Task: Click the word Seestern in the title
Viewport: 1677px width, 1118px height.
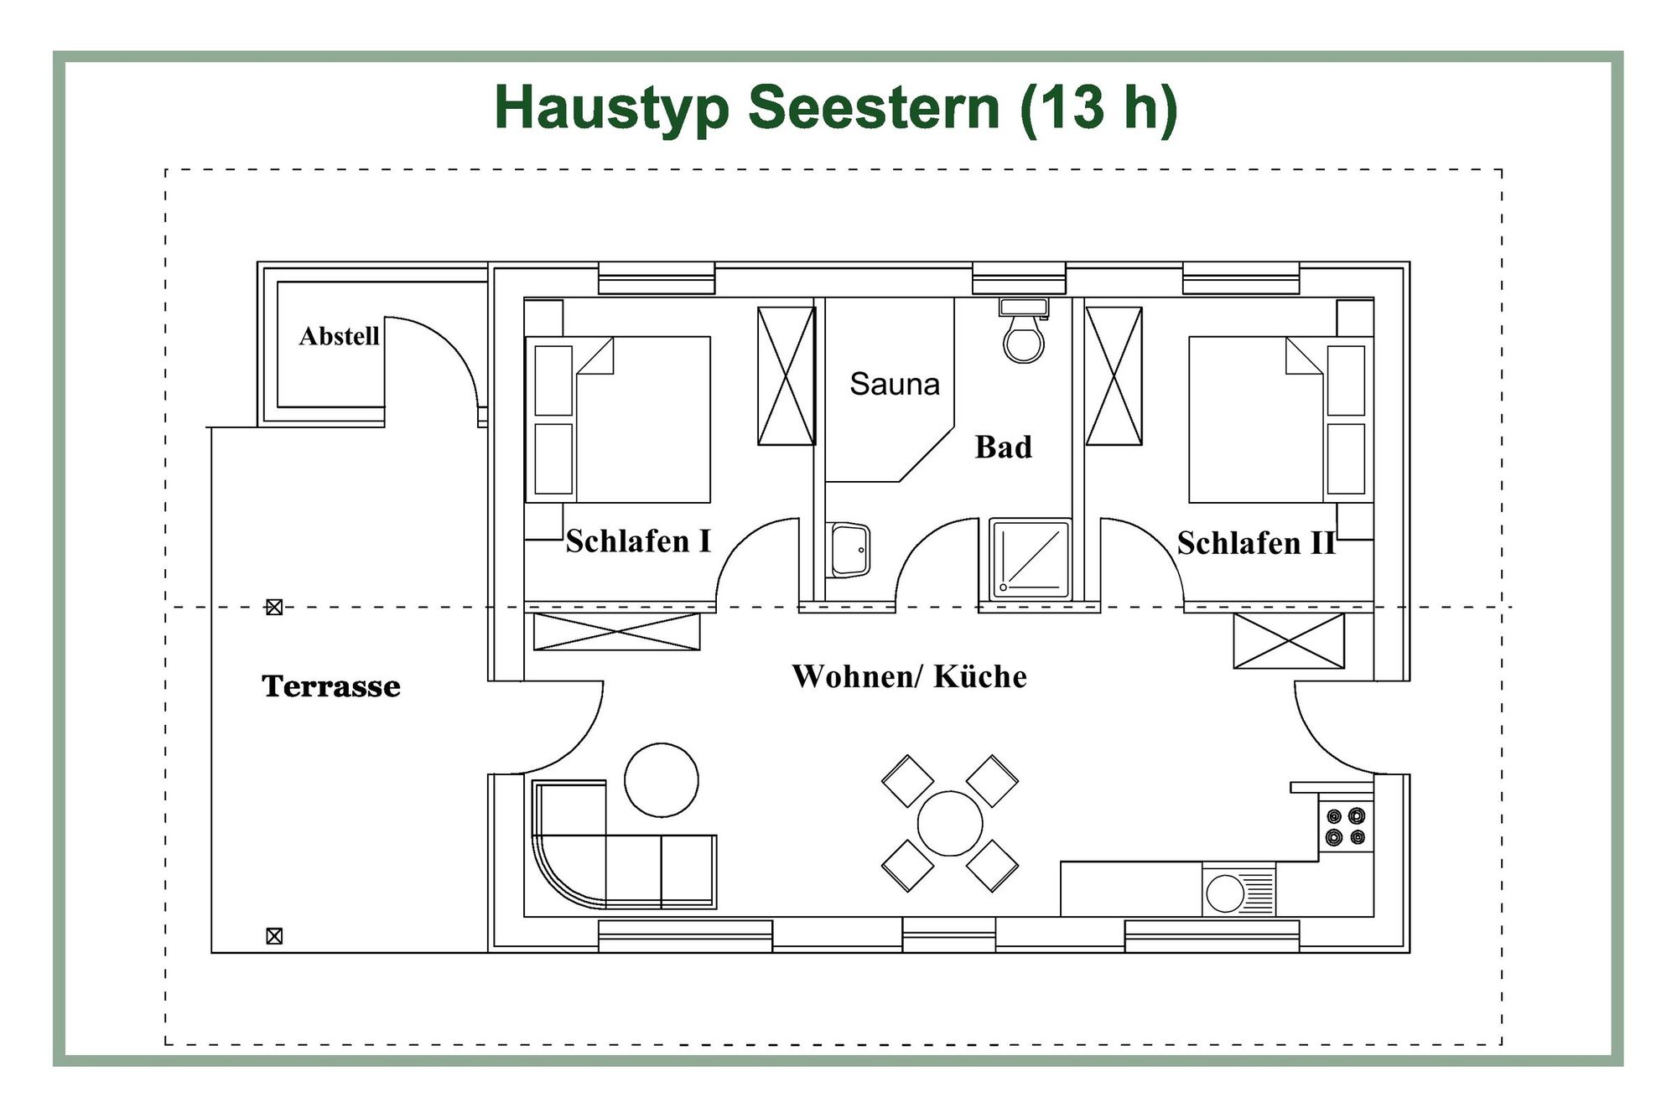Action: click(874, 107)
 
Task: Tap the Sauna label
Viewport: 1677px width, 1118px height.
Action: click(895, 384)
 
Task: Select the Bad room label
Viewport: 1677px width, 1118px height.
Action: click(1003, 447)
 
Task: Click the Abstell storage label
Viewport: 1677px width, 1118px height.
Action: click(339, 336)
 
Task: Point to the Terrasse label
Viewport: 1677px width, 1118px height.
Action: click(330, 686)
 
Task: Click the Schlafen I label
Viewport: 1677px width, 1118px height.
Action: click(638, 541)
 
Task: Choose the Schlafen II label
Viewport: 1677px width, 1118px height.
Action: click(1255, 543)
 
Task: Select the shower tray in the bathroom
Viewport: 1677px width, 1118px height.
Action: click(1030, 559)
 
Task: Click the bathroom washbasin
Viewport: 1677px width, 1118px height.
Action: click(849, 551)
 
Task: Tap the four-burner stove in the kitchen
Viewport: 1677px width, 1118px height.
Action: click(1345, 826)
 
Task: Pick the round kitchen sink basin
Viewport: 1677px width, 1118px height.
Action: click(1225, 893)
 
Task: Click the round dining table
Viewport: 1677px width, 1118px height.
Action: click(949, 823)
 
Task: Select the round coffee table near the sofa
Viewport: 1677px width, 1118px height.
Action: click(662, 779)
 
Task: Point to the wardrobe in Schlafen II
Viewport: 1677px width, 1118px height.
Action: click(1114, 376)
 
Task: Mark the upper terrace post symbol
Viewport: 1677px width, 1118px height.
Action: click(274, 607)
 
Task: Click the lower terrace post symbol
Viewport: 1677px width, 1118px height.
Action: click(274, 936)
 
